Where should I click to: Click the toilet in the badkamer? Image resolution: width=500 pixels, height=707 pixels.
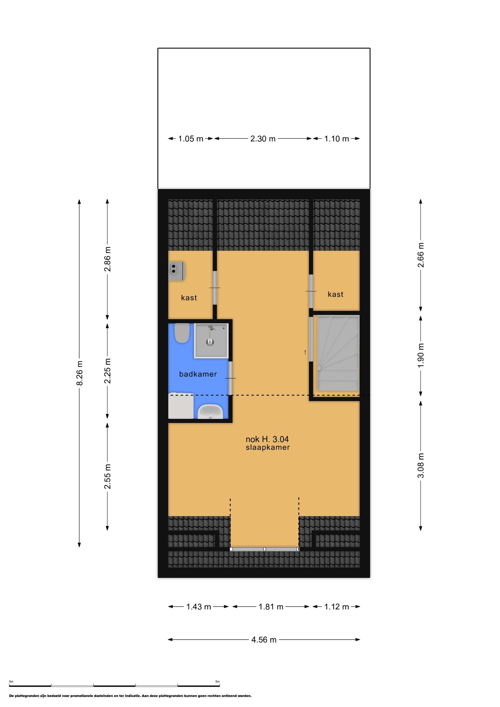click(x=182, y=333)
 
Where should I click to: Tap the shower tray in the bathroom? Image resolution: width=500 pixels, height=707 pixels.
click(x=211, y=340)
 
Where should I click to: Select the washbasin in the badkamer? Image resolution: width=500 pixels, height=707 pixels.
click(x=210, y=411)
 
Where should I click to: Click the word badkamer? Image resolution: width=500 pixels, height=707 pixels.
click(x=198, y=374)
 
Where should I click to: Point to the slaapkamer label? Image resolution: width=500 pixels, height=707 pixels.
click(x=268, y=447)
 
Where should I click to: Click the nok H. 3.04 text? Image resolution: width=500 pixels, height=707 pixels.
click(x=267, y=439)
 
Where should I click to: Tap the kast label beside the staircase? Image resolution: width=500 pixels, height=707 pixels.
click(x=336, y=294)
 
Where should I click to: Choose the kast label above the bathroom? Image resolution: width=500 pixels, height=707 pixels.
click(x=189, y=298)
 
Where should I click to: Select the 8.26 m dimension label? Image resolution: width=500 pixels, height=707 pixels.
click(x=79, y=373)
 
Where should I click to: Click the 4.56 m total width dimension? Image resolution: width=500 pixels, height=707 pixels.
click(x=264, y=640)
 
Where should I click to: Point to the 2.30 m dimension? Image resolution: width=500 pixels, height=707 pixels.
click(x=263, y=139)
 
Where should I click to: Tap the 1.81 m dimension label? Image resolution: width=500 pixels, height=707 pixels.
click(x=271, y=607)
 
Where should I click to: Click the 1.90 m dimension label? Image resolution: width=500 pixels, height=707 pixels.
click(x=421, y=356)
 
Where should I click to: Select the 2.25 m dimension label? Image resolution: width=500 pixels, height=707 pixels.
click(x=108, y=371)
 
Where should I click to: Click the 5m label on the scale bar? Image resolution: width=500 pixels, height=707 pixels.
click(x=218, y=681)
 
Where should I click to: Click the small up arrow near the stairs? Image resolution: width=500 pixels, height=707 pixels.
click(x=305, y=352)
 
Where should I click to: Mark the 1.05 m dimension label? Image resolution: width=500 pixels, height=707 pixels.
click(x=191, y=139)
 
